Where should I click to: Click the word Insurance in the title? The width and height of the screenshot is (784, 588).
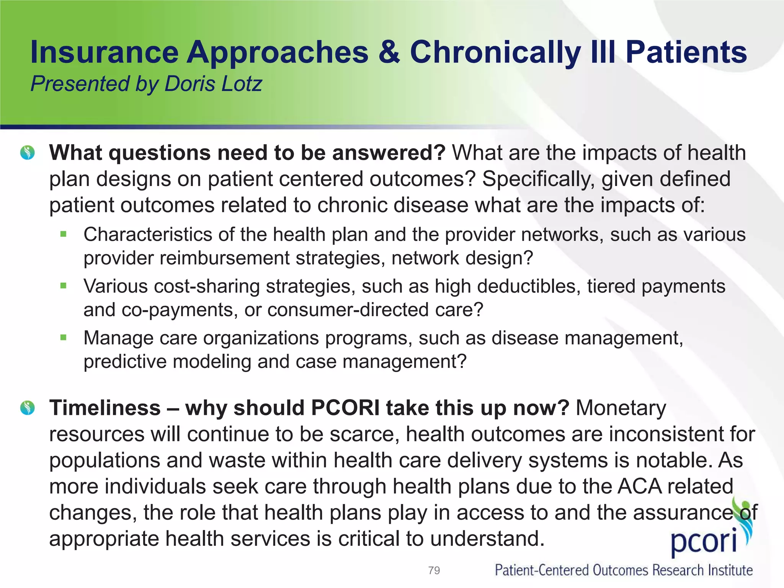pos(105,52)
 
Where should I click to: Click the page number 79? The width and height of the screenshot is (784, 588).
pos(434,570)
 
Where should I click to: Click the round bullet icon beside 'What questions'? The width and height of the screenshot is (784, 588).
pos(28,153)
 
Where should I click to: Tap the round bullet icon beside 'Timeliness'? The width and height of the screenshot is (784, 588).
pos(28,408)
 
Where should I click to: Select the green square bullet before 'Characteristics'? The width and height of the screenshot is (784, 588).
pos(64,234)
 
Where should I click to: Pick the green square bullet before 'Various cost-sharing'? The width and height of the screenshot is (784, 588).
pos(64,286)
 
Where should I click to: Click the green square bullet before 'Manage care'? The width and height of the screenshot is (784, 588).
pos(64,337)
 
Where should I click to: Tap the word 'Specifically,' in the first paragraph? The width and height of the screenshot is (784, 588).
pos(538,179)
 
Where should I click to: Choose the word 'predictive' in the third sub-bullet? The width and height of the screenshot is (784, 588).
pos(125,362)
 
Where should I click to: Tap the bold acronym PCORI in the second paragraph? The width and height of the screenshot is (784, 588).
pos(345,408)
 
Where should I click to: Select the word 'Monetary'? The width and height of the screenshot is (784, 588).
pos(621,408)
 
